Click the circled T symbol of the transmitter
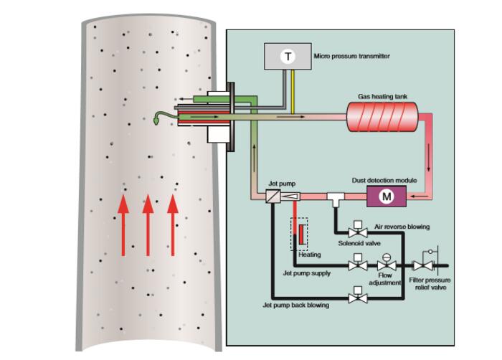(x=288, y=57)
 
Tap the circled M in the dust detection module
(x=387, y=196)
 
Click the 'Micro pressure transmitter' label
(x=351, y=56)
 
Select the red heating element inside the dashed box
(x=301, y=232)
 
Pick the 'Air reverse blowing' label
(x=402, y=227)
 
